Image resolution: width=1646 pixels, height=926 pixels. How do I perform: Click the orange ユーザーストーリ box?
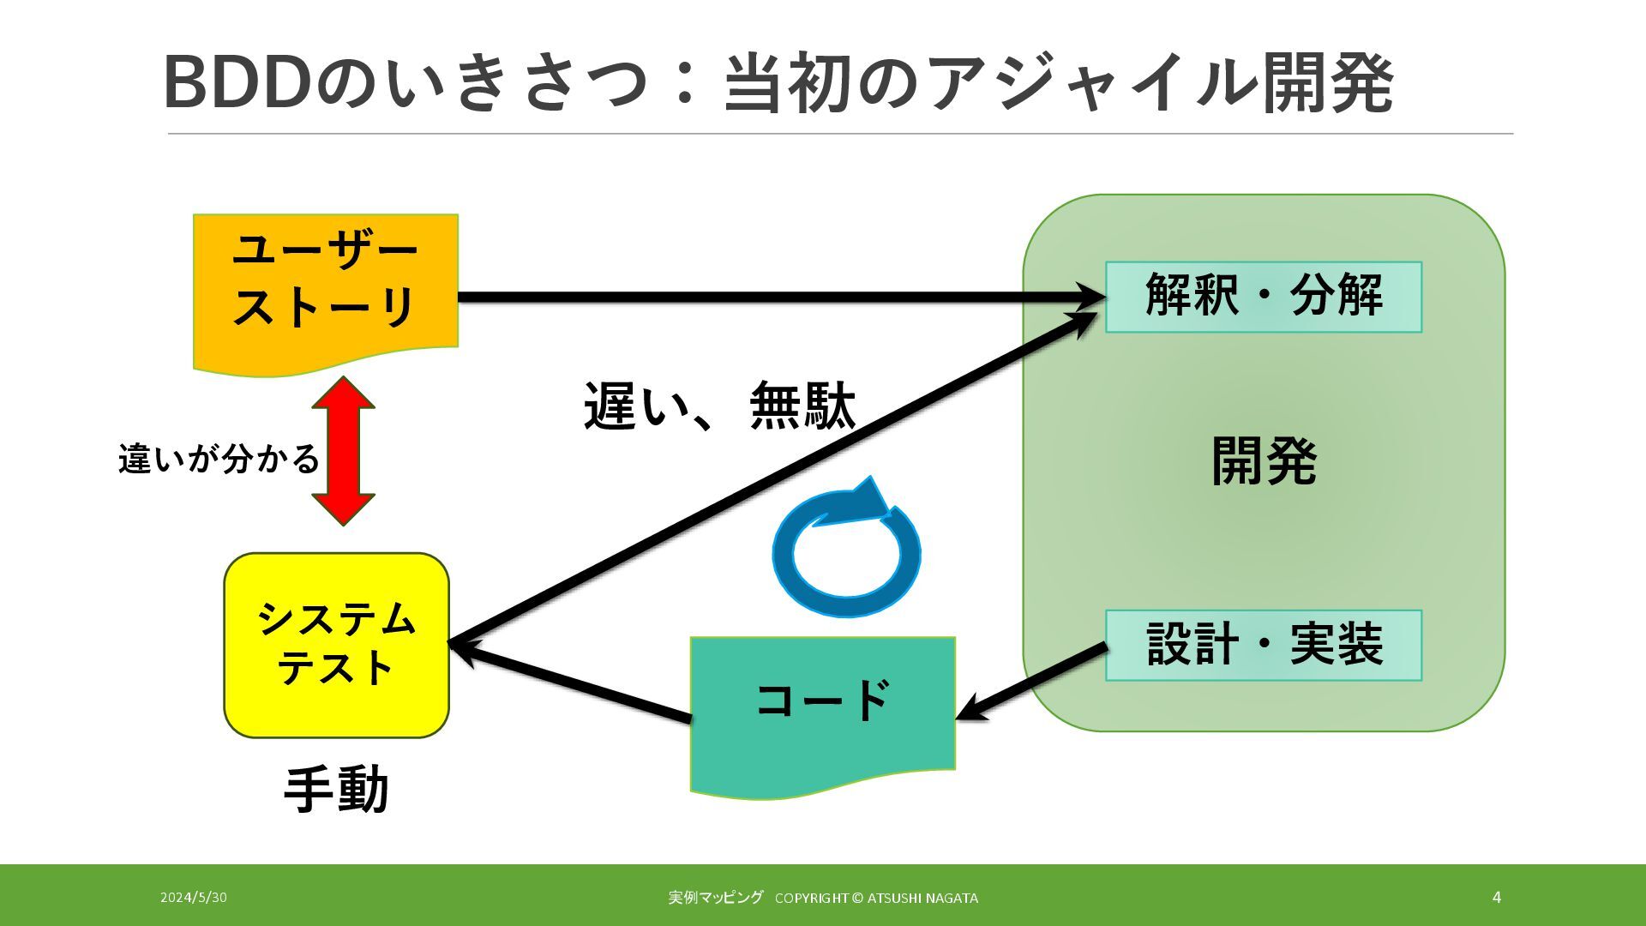[326, 283]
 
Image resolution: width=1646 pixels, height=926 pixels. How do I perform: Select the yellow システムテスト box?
[336, 645]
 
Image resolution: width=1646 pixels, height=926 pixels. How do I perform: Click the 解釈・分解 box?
[1264, 297]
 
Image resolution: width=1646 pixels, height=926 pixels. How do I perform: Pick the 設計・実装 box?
[1264, 645]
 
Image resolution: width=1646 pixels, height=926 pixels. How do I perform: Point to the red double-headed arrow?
[343, 451]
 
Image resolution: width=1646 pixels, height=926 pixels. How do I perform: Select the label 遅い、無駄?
[719, 406]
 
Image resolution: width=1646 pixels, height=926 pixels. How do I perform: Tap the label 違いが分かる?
[219, 460]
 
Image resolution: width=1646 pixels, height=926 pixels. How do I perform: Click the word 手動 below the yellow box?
[336, 790]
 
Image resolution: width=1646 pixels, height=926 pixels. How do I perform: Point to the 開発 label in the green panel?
[1264, 461]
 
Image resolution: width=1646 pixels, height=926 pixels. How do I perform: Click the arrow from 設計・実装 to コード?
[1033, 682]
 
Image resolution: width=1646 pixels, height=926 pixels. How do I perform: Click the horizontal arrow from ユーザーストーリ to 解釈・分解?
[772, 298]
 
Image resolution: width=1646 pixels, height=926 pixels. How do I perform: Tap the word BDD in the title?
[236, 83]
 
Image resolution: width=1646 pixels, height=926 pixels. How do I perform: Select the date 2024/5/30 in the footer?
[194, 898]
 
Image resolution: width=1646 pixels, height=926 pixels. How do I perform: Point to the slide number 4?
[1497, 898]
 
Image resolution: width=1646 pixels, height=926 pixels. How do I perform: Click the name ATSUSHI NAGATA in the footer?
[922, 899]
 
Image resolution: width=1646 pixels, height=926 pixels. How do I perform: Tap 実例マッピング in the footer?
[716, 898]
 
